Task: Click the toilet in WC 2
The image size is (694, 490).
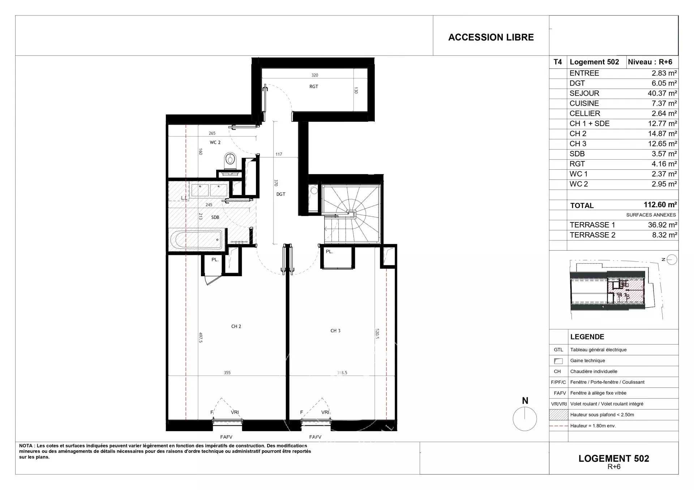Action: [x=230, y=160]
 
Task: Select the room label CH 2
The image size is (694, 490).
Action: [x=236, y=326]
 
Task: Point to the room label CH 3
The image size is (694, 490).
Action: [x=335, y=331]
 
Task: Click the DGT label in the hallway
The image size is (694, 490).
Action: [x=281, y=194]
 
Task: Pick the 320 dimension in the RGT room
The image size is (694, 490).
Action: [x=315, y=75]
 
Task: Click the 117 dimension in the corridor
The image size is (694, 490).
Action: [x=279, y=154]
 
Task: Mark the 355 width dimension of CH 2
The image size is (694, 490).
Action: [x=227, y=373]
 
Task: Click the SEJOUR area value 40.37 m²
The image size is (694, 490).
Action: [x=662, y=93]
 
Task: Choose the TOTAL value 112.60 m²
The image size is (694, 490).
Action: [x=660, y=205]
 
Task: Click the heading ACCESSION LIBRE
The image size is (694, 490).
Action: [x=491, y=37]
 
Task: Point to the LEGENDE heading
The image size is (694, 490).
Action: [x=587, y=337]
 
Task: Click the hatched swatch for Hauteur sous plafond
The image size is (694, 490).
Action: [x=558, y=415]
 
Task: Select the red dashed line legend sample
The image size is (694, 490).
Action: [x=558, y=426]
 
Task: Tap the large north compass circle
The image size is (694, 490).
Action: [x=525, y=419]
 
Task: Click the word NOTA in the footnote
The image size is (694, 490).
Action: [x=26, y=446]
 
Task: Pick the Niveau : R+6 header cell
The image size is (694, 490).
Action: [x=650, y=62]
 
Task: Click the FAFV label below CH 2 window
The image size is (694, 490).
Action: [x=226, y=437]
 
